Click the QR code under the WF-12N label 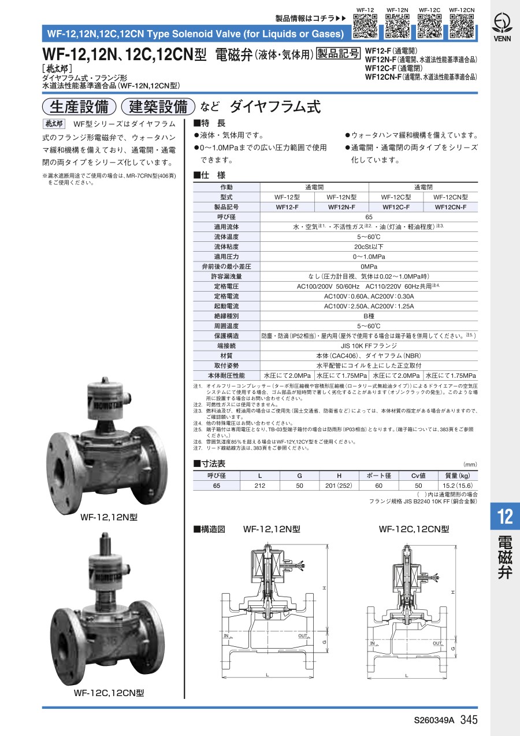pyautogui.click(x=398, y=26)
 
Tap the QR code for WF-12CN pyautogui.click(x=462, y=26)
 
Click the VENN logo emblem pyautogui.click(x=502, y=22)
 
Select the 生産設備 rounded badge pyautogui.click(x=79, y=106)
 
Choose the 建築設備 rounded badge pyautogui.click(x=158, y=106)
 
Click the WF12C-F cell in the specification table pyautogui.click(x=396, y=207)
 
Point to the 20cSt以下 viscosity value pyautogui.click(x=369, y=246)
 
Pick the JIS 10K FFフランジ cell pyautogui.click(x=369, y=345)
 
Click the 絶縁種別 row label pyautogui.click(x=226, y=316)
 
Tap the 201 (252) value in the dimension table pyautogui.click(x=339, y=485)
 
